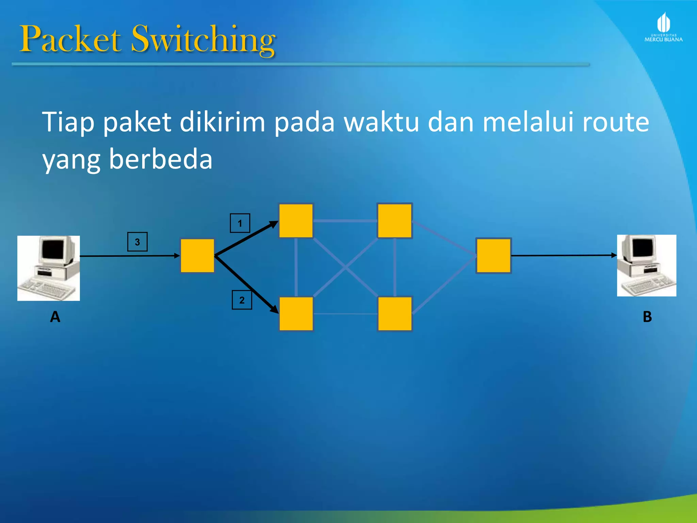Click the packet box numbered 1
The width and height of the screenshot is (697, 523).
[240, 223]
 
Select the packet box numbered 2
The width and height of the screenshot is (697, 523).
[242, 300]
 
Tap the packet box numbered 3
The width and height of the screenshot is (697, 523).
[137, 242]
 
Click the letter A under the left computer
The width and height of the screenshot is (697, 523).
[55, 317]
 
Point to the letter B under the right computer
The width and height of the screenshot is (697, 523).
[647, 317]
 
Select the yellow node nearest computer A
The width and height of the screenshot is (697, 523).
[197, 256]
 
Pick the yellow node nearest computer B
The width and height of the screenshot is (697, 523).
[493, 256]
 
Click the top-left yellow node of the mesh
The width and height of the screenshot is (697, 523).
[296, 221]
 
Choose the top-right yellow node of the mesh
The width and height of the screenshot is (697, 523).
[395, 221]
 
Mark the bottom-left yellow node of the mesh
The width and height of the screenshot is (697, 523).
[296, 314]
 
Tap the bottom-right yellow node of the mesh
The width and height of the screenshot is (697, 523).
[395, 314]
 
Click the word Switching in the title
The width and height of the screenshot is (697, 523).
[203, 40]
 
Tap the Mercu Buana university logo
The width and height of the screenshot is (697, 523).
[663, 27]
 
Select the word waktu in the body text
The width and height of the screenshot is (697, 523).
[381, 122]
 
